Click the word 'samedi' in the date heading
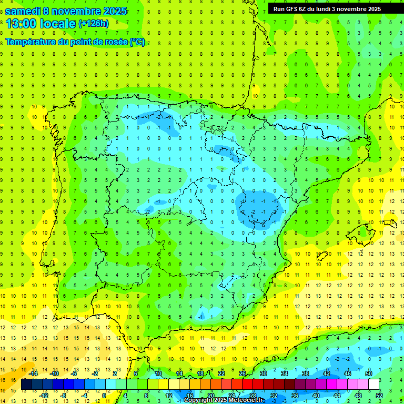(23, 11)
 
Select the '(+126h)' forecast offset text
(94, 23)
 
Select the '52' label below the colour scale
(379, 396)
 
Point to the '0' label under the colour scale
(104, 396)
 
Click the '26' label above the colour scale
(243, 373)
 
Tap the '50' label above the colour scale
(368, 373)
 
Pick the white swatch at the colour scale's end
(373, 385)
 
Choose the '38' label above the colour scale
(306, 373)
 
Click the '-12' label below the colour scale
(44, 396)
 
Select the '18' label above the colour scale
(200, 373)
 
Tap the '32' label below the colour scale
(274, 396)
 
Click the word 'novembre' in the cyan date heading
(76, 11)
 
